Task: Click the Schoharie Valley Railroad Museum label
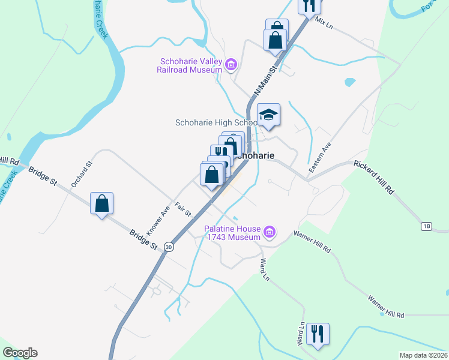click(190, 65)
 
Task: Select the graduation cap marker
click(269, 115)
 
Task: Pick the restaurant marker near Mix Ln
click(309, 5)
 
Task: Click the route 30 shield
click(169, 246)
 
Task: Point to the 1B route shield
click(426, 226)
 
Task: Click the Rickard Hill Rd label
click(373, 176)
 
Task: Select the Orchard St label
click(82, 174)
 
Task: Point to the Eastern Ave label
click(320, 158)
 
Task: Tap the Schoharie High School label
click(215, 122)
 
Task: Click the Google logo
click(20, 353)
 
